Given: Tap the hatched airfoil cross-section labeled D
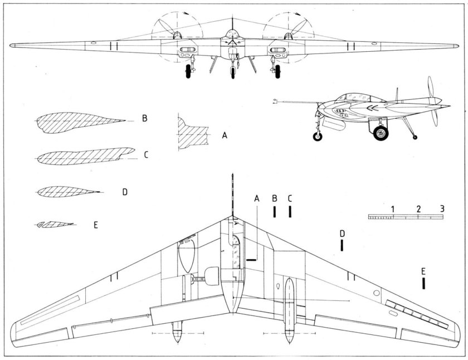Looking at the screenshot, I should point(67,192).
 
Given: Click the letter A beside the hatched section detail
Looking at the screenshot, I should point(225,135).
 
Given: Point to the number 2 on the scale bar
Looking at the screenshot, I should point(418,208).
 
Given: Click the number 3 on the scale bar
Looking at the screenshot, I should point(442,208).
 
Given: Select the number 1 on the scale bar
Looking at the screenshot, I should point(393,208).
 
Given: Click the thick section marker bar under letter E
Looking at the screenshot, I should point(425,283).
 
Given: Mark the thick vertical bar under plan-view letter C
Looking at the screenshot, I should point(290,212).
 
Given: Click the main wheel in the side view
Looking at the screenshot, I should point(381,133).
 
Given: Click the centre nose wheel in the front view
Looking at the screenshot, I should point(232,72).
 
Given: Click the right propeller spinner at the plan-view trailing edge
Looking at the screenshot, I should point(289,337).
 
